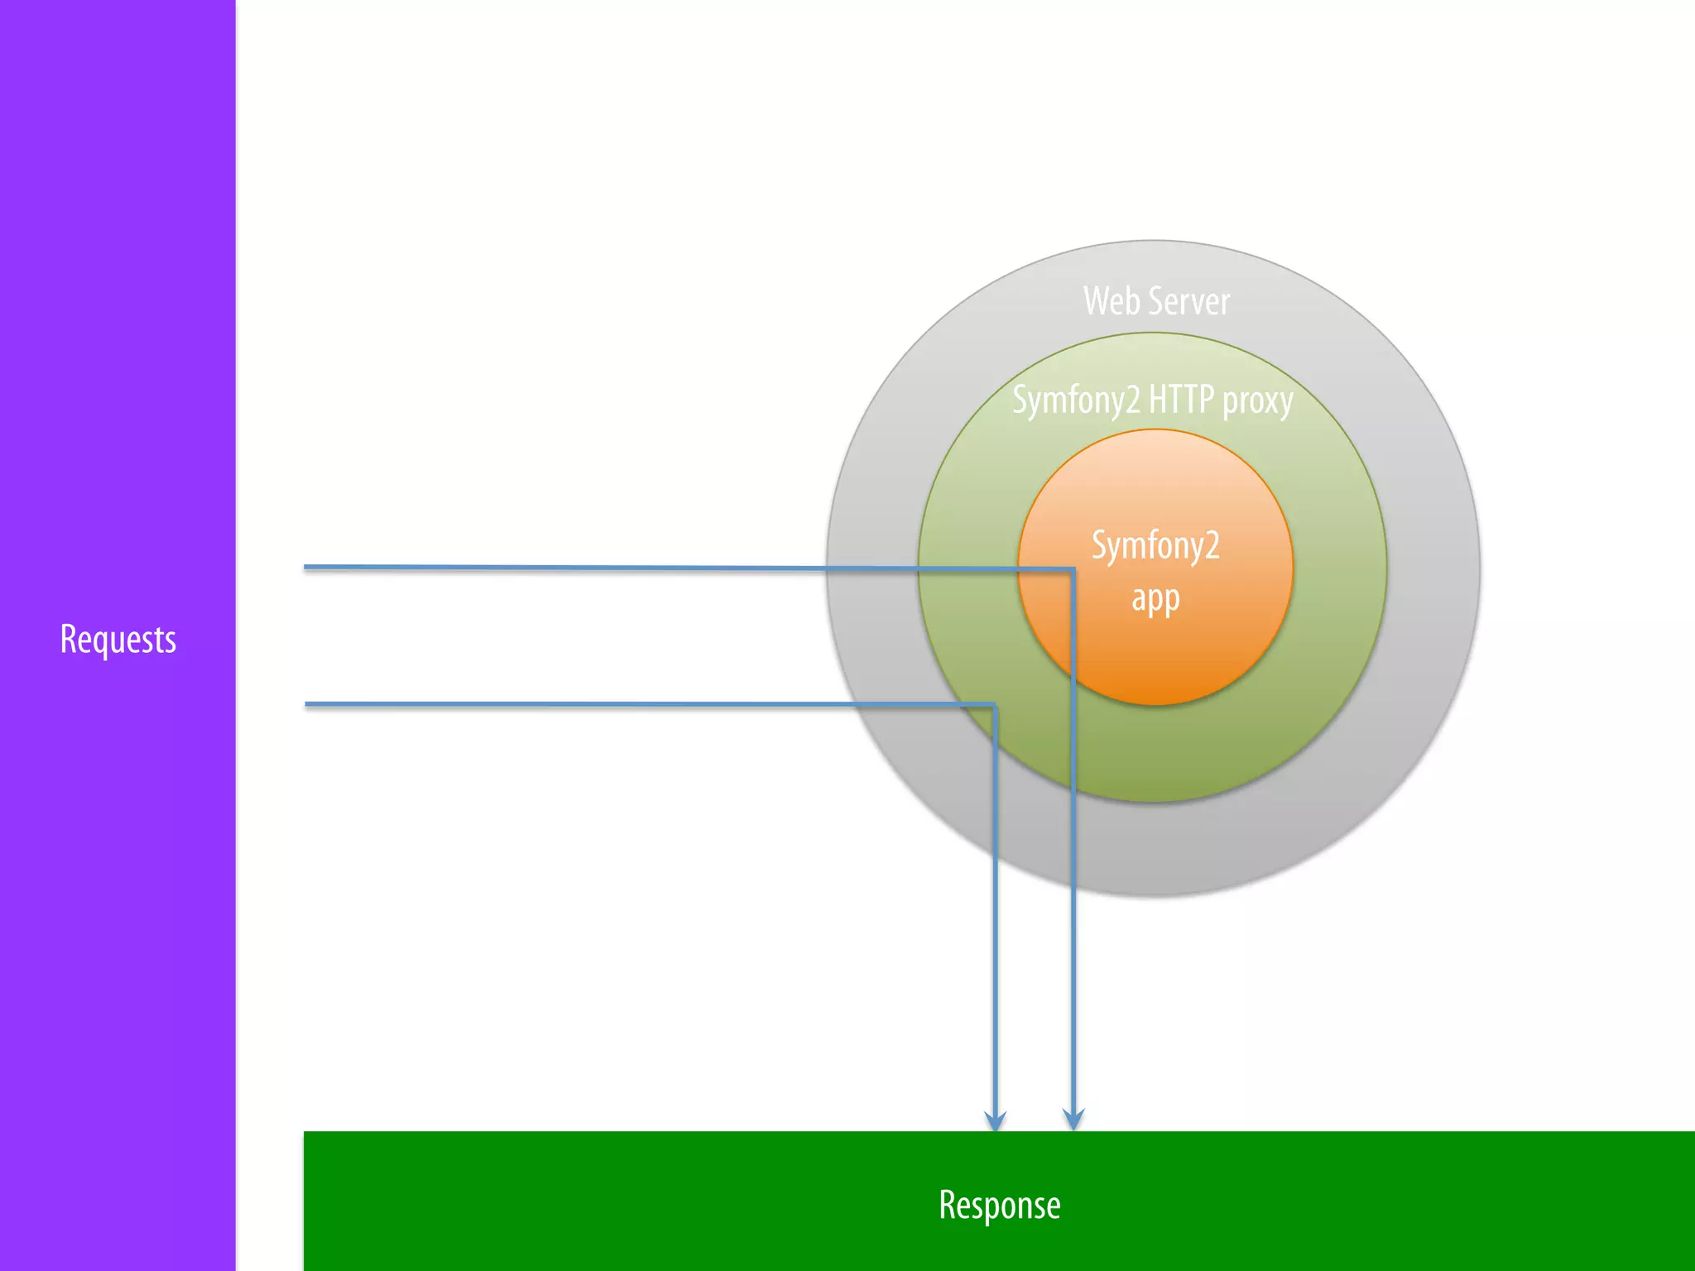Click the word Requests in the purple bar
118,639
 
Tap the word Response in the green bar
999,1205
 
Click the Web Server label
1155,301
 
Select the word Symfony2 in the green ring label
1076,401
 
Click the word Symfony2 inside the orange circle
1155,546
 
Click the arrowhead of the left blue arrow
995,1121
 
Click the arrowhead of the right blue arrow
1073,1121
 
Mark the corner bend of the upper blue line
1073,569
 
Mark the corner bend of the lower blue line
994,706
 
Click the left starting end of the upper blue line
306,567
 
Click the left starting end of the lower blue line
307,704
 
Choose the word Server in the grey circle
1188,301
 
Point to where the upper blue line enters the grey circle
827,568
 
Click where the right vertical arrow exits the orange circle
1073,680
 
